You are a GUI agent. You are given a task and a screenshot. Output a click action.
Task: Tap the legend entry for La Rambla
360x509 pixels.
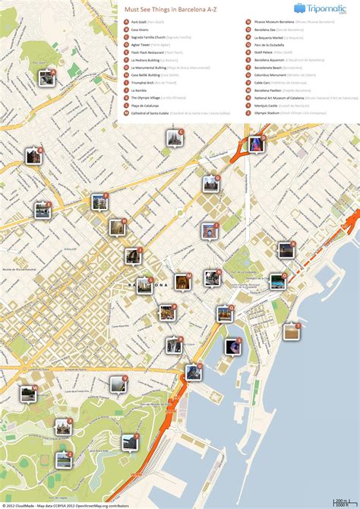(139, 90)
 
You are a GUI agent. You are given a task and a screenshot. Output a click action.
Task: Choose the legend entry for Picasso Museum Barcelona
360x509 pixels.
(273, 23)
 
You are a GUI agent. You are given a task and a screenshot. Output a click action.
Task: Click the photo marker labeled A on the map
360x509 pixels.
(46, 77)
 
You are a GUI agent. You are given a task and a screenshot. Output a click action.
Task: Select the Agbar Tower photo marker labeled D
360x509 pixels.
(255, 144)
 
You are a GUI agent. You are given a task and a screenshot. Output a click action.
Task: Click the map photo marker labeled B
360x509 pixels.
(33, 156)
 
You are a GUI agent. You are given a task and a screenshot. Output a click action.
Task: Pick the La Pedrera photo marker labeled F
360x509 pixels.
(99, 201)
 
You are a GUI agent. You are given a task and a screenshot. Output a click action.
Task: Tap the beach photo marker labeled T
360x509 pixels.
(291, 331)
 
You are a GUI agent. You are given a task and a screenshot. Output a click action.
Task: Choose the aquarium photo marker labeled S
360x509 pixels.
(232, 346)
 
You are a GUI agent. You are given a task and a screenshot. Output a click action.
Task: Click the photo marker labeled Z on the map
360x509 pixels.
(64, 460)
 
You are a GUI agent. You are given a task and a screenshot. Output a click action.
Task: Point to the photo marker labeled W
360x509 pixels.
(28, 393)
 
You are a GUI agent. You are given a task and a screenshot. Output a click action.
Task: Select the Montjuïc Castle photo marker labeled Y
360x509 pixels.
(130, 441)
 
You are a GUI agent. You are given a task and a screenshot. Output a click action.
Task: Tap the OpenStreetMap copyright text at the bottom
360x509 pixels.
(84, 504)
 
